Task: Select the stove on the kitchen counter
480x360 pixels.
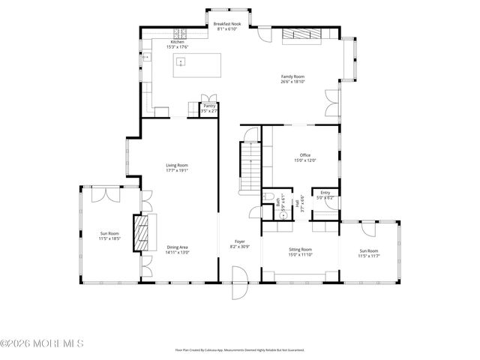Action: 180,33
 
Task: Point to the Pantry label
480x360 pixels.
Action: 209,106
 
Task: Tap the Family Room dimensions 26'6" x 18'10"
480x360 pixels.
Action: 292,82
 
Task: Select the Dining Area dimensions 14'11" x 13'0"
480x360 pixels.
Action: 178,253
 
